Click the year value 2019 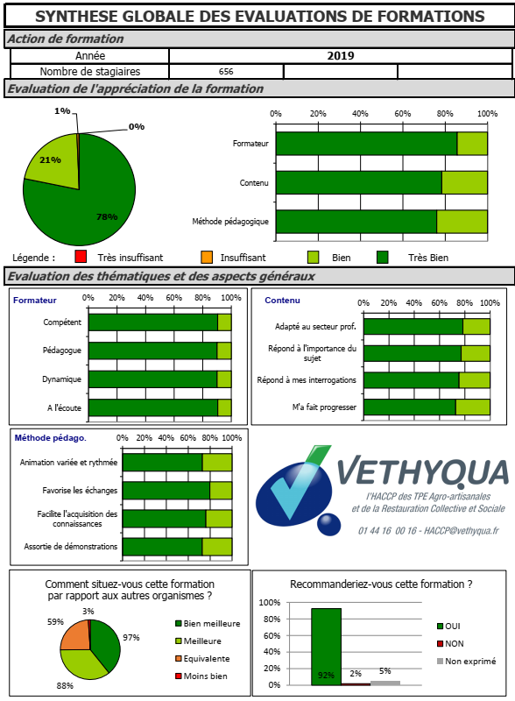[340, 56]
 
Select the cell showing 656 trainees [226, 72]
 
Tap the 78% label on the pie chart [107, 216]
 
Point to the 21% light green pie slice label [50, 159]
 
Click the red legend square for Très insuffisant [81, 257]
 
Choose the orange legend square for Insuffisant [207, 257]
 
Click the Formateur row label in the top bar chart [250, 144]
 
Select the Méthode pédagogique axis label [230, 222]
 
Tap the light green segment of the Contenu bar [464, 182]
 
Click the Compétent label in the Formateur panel [62, 322]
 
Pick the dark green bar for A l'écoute [153, 407]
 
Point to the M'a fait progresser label [324, 407]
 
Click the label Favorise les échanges [80, 491]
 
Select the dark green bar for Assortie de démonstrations [162, 547]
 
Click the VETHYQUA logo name [423, 471]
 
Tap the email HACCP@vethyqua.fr [462, 531]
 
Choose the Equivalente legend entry [202, 659]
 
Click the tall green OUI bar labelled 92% [327, 647]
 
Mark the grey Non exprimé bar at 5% [385, 683]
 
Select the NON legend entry [450, 643]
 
